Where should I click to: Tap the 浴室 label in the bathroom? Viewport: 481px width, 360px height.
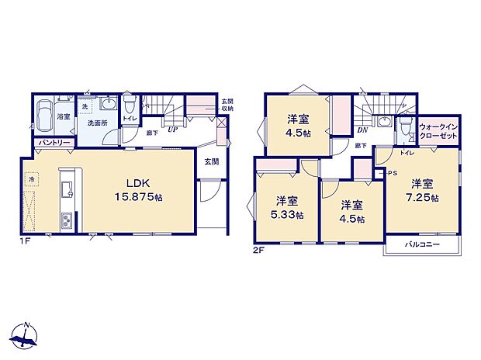[x=64, y=117]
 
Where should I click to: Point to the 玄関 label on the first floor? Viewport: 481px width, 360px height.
[x=211, y=161]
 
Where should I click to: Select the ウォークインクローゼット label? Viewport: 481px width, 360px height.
[x=437, y=130]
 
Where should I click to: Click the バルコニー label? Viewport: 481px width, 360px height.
[x=422, y=245]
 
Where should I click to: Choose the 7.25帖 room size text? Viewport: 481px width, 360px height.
[x=421, y=198]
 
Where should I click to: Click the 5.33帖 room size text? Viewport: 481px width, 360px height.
[x=287, y=214]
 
